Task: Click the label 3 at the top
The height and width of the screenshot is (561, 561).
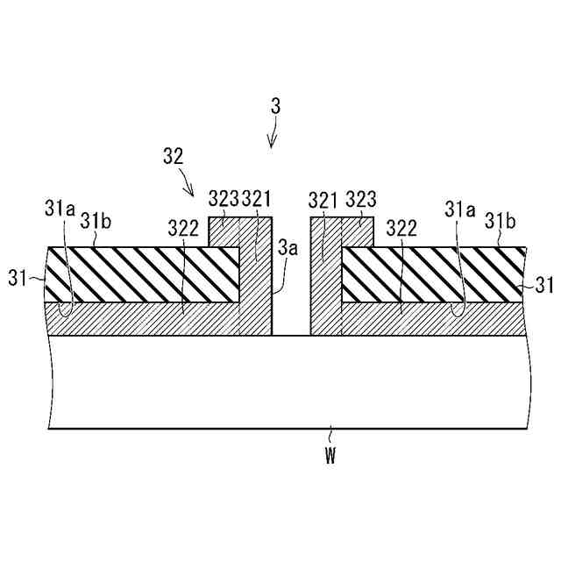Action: [x=275, y=106]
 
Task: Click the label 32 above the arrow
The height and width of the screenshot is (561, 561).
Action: [x=174, y=156]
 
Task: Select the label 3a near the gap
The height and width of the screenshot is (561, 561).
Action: [x=288, y=248]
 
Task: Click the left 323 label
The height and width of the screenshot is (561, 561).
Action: [x=223, y=198]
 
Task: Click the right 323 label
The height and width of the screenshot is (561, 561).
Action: [x=361, y=198]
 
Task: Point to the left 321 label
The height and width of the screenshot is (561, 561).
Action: [x=257, y=198]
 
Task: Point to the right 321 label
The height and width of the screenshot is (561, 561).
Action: [x=323, y=198]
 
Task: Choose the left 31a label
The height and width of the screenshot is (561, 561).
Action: [x=58, y=209]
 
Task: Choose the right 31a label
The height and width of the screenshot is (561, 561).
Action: [x=459, y=209]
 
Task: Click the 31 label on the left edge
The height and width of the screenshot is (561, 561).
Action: [x=17, y=279]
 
